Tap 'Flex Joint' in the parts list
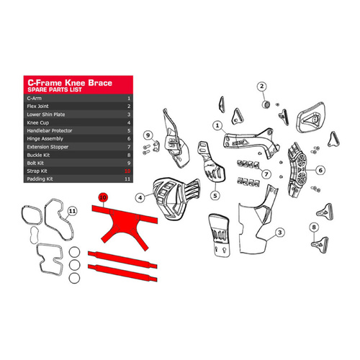click(38, 105)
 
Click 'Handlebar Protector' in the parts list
click(48, 131)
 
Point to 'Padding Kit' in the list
click(39, 180)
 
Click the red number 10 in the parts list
click(127, 172)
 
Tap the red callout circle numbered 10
click(103, 196)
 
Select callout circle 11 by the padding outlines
click(72, 211)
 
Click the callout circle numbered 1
click(216, 125)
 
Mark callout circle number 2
click(262, 87)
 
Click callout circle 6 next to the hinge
click(321, 171)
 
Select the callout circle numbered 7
click(265, 174)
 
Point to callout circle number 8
click(315, 228)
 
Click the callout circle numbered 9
click(146, 135)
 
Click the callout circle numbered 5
click(215, 194)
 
